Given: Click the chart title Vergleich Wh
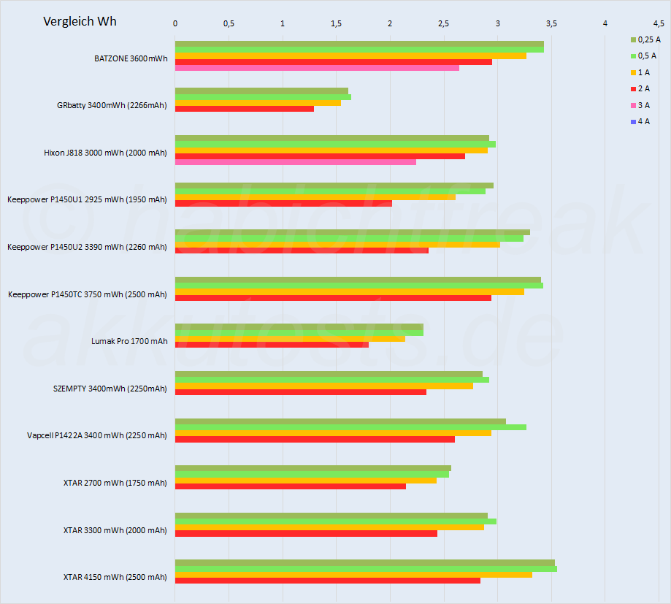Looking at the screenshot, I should point(80,21).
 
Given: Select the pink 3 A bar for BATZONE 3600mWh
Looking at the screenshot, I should point(317,68).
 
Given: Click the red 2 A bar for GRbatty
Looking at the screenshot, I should point(244,109).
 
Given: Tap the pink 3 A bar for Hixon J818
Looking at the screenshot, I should point(295,162).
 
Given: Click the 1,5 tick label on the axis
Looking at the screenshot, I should point(336,23).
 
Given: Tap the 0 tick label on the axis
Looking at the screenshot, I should point(175,23).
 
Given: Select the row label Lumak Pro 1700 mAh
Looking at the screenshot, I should point(129,341).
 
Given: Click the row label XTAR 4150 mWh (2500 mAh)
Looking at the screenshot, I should point(115,577).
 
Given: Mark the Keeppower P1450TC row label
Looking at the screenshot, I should point(87,294).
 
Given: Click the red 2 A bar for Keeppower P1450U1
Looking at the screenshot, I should point(283,203).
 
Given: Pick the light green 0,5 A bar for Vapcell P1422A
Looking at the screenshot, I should point(350,427).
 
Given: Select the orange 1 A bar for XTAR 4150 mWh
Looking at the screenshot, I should point(353,575).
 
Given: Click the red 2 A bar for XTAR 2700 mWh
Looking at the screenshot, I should point(290,486).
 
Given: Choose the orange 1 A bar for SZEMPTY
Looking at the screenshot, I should point(323,386).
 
